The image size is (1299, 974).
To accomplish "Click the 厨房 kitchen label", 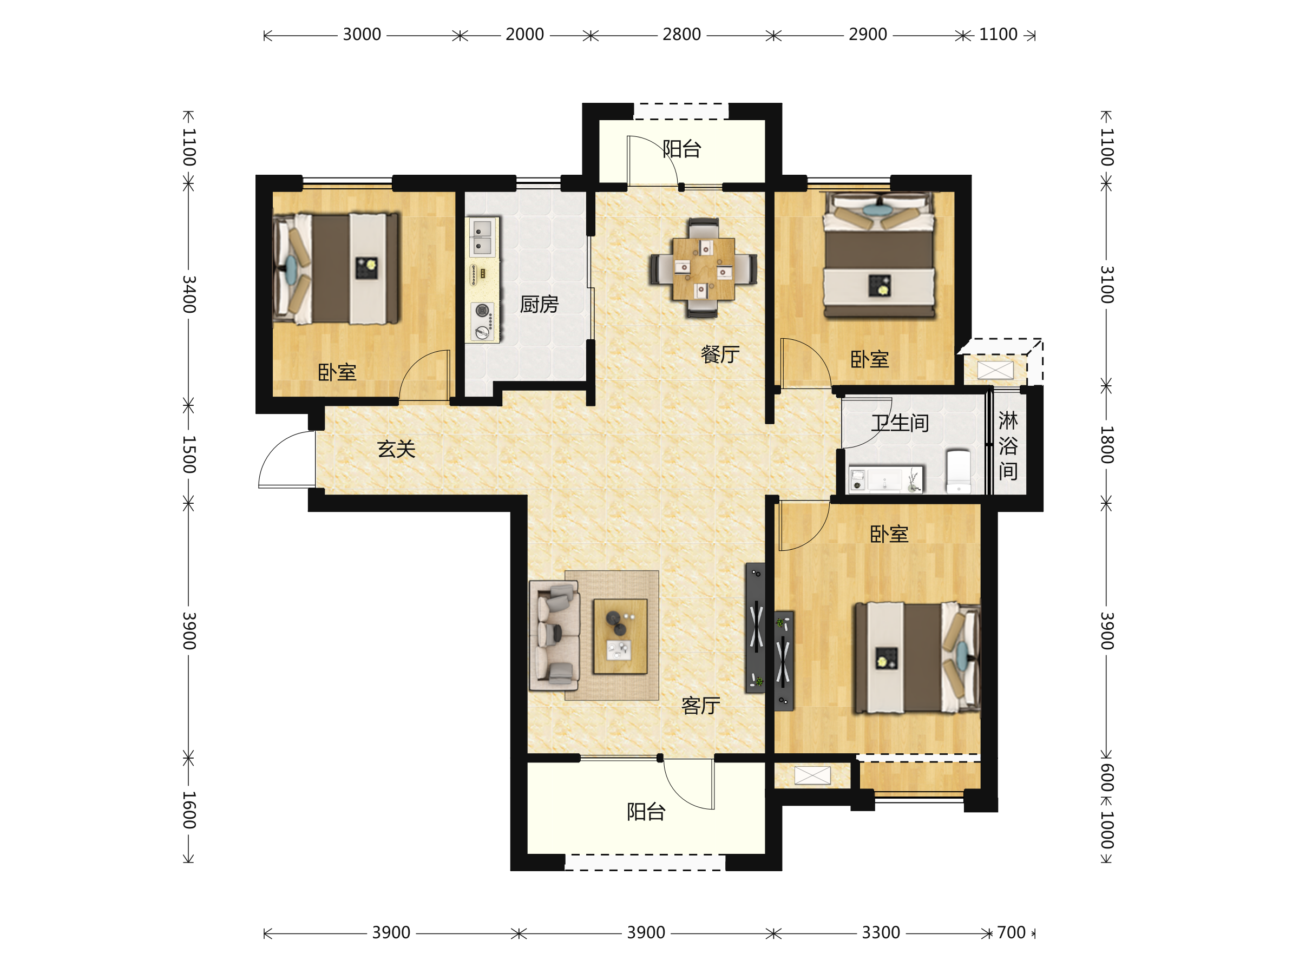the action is [539, 304].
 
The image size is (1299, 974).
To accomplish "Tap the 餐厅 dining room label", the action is [720, 354].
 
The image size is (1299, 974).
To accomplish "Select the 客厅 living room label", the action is [700, 705].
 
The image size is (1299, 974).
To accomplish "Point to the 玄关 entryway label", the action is [396, 449].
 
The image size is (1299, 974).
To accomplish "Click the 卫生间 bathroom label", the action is [900, 423].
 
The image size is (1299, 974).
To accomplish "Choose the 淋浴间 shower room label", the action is [1008, 446].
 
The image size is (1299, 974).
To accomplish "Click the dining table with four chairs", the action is [703, 268].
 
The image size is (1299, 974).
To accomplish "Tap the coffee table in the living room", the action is [620, 636].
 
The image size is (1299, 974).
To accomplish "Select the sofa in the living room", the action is [554, 635].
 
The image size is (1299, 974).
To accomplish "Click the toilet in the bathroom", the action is [959, 471].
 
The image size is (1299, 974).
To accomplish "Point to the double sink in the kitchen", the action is [482, 237].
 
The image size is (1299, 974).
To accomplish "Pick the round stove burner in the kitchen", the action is [482, 310].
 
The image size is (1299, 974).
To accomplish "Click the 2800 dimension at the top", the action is [681, 35].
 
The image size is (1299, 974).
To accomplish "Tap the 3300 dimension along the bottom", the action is [880, 933].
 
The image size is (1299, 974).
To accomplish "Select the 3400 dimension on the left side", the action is [188, 294].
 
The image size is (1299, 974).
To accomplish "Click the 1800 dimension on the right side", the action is [1106, 445].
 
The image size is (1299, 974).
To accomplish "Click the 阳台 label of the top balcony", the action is [682, 149].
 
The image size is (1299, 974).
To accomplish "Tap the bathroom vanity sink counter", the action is [885, 479].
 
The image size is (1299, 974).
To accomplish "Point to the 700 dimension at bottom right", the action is [1011, 933].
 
